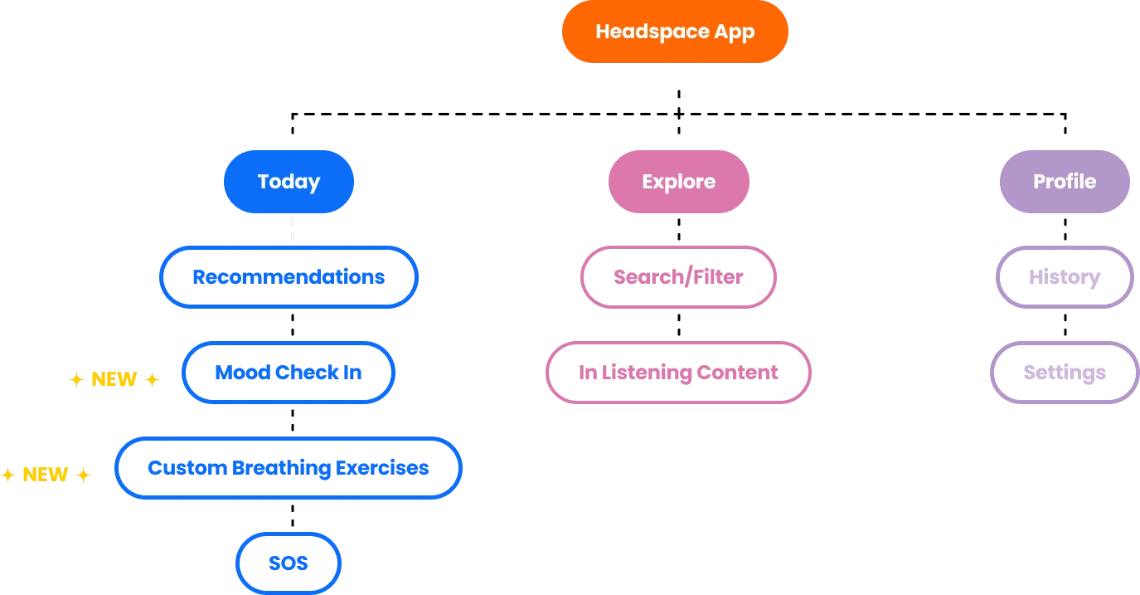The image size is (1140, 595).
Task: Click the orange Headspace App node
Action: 675,32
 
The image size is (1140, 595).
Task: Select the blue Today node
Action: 289,182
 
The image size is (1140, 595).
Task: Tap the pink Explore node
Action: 678,182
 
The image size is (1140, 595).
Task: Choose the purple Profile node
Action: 1065,182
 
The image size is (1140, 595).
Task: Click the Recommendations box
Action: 289,277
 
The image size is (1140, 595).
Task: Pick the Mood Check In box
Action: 289,373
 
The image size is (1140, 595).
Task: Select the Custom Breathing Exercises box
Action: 289,468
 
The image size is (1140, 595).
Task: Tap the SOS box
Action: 289,563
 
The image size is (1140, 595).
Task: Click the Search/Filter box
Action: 678,277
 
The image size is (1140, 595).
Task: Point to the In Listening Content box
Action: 678,373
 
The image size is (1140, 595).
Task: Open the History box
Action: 1065,277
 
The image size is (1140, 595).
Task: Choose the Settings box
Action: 1065,373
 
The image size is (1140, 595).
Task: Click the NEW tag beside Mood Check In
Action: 114,380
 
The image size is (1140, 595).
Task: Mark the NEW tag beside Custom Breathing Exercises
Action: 45,475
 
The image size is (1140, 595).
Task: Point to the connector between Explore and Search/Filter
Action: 679,230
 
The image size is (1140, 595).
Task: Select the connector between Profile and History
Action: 1065,230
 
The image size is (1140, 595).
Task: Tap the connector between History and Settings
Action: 1065,325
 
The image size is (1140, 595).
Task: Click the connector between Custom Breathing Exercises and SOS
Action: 291,516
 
